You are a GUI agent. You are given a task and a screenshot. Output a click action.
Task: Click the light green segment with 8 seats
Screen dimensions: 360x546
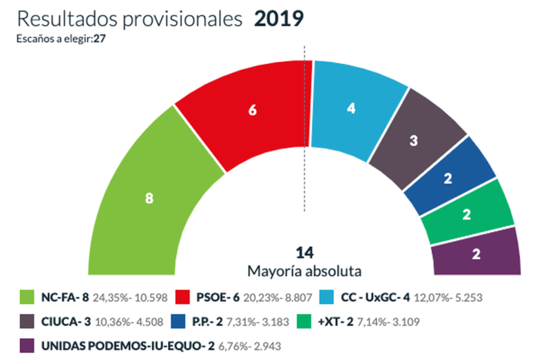coord(148,198)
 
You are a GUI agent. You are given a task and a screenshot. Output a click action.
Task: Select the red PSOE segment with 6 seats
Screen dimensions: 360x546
coord(252,111)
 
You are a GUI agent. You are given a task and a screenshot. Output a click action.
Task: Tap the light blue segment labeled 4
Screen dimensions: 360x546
coord(351,108)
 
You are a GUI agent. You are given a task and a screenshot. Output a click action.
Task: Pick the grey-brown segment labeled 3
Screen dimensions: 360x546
coord(414,140)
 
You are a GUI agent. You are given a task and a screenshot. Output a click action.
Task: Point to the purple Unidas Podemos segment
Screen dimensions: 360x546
coord(476,253)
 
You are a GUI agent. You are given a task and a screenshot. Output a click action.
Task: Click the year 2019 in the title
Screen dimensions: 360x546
coord(278,18)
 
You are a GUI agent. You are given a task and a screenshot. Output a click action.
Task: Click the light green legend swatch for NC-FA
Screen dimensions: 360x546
coord(30,298)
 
